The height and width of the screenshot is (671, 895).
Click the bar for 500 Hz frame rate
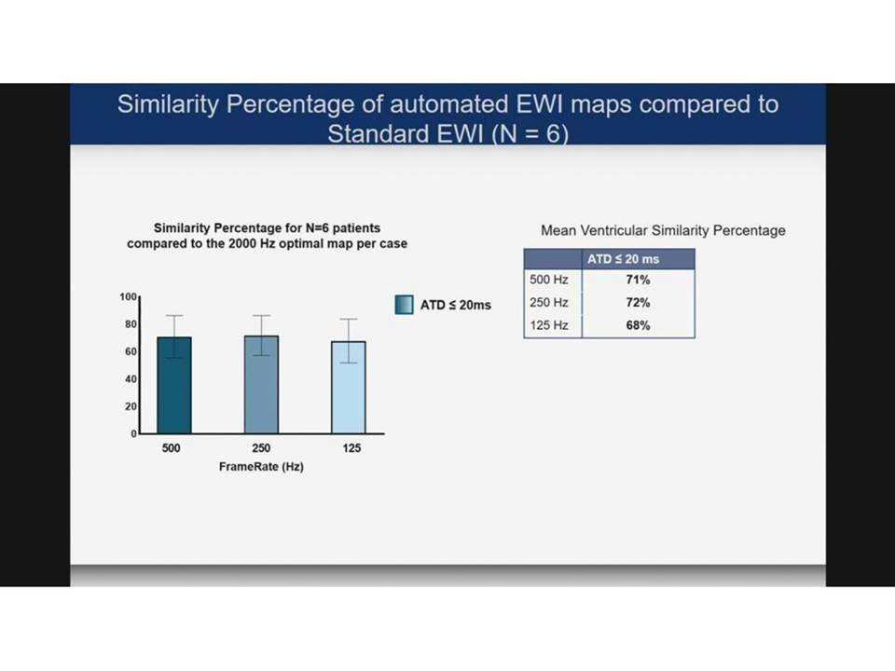(x=174, y=385)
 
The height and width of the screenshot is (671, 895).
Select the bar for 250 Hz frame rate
(x=261, y=385)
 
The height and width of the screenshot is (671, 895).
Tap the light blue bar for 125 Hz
(x=349, y=388)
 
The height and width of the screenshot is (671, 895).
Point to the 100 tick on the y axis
(x=128, y=296)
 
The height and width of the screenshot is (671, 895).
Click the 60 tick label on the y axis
(x=131, y=351)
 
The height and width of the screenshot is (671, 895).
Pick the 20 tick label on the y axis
(x=131, y=406)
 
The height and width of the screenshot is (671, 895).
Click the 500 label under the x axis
(x=171, y=448)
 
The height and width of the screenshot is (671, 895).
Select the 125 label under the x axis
(x=351, y=448)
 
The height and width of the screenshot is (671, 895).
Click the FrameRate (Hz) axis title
(x=261, y=467)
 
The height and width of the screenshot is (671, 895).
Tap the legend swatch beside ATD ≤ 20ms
(x=404, y=305)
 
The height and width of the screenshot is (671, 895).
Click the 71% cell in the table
(x=638, y=280)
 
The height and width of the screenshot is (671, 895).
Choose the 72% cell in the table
(x=638, y=302)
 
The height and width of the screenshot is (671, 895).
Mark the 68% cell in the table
(x=638, y=325)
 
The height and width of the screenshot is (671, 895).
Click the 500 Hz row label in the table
(x=549, y=280)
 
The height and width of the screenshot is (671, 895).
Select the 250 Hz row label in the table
(x=549, y=302)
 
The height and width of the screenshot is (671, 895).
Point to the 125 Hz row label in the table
(x=549, y=325)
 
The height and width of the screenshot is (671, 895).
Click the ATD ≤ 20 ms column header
(x=624, y=259)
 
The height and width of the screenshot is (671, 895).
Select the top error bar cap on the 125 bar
(x=349, y=319)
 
